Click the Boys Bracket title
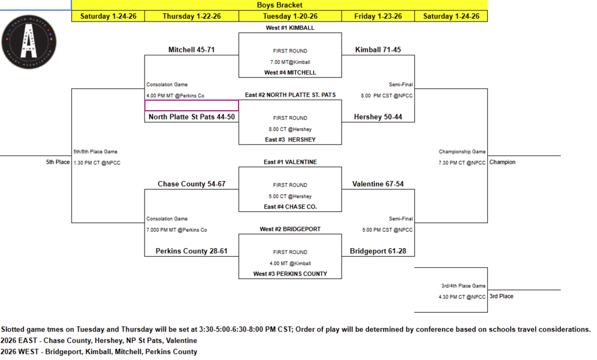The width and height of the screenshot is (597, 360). pyautogui.click(x=279, y=5)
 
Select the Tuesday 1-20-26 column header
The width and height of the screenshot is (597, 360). pyautogui.click(x=290, y=16)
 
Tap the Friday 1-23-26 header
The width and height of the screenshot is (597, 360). pyautogui.click(x=378, y=16)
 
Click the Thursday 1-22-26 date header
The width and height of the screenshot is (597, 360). pyautogui.click(x=191, y=16)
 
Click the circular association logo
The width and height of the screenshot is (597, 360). pyautogui.click(x=30, y=41)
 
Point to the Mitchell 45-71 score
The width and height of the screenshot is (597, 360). pyautogui.click(x=191, y=50)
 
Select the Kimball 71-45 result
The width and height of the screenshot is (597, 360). pyautogui.click(x=378, y=50)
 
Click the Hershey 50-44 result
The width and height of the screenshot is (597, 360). pyautogui.click(x=378, y=117)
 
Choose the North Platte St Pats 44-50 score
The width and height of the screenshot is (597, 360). pyautogui.click(x=191, y=117)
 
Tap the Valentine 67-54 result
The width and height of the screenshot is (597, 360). pyautogui.click(x=378, y=184)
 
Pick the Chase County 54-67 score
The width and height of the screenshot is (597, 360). pyautogui.click(x=191, y=184)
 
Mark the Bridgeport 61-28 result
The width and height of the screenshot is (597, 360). pyautogui.click(x=378, y=251)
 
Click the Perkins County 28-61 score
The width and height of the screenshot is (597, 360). pyautogui.click(x=191, y=251)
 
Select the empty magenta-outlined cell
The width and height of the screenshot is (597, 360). pyautogui.click(x=191, y=105)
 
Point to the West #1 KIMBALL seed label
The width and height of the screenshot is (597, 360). pyautogui.click(x=290, y=28)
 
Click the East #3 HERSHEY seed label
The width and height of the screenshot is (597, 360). pyautogui.click(x=290, y=140)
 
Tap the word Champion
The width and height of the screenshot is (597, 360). pyautogui.click(x=503, y=162)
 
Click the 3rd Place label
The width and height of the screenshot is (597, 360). pyautogui.click(x=502, y=297)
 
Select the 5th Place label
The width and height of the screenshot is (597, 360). pyautogui.click(x=58, y=162)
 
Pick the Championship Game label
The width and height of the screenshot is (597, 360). pyautogui.click(x=462, y=152)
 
